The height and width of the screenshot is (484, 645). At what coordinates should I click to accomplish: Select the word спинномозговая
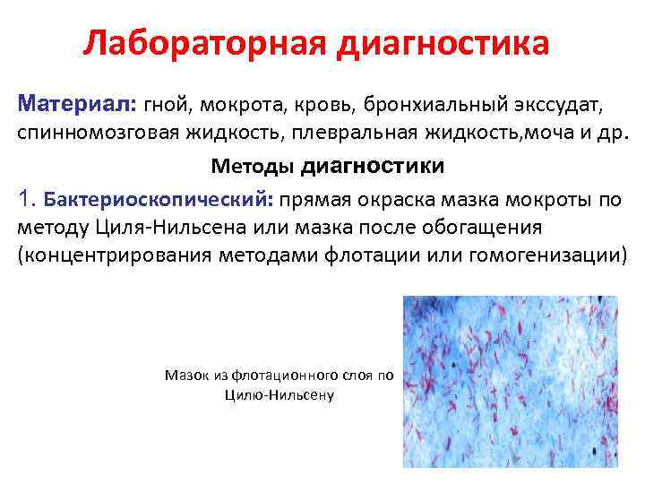97,134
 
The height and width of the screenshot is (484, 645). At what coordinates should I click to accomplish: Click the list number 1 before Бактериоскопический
25,197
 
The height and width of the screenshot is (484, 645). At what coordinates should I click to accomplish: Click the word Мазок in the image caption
186,376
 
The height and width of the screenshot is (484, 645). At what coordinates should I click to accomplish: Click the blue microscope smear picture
510,381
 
